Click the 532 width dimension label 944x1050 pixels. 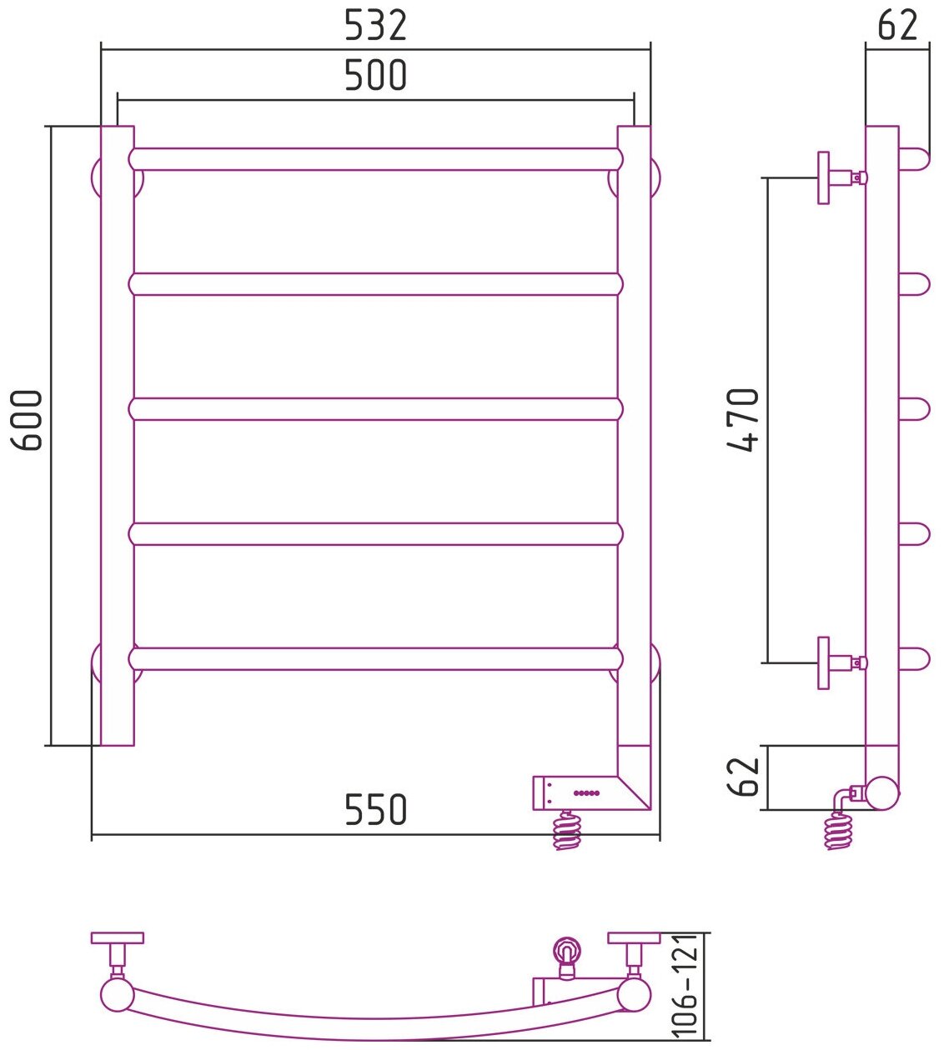tap(375, 26)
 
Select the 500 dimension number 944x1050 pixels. tap(375, 75)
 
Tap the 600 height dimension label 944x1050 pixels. tap(30, 420)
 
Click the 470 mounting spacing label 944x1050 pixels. tap(744, 420)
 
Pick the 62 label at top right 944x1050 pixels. tap(897, 26)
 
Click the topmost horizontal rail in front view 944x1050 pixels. tap(375, 159)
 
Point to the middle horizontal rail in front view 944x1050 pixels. tap(375, 409)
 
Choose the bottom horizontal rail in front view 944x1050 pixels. tap(375, 659)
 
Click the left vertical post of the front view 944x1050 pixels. tap(117, 433)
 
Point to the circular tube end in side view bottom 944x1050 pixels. tap(882, 792)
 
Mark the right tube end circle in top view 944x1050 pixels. tap(634, 994)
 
